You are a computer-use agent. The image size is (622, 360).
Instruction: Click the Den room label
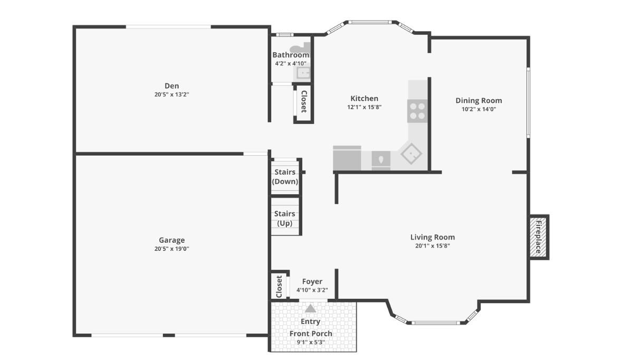click(171, 86)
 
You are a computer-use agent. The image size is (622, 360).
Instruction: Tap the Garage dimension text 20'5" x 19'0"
click(171, 249)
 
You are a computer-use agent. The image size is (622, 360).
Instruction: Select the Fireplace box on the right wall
click(539, 237)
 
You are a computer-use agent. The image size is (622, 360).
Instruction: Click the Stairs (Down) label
click(285, 177)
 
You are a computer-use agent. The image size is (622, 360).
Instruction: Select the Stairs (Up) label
click(285, 218)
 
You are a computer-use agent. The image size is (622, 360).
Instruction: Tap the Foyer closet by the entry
click(279, 286)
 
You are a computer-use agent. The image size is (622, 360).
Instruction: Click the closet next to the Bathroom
click(303, 102)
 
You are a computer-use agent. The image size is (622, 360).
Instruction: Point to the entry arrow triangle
click(310, 308)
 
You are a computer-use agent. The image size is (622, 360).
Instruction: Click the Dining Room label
click(479, 101)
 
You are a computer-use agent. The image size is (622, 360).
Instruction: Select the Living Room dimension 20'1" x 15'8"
click(433, 245)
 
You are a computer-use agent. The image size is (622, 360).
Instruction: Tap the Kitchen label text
click(364, 99)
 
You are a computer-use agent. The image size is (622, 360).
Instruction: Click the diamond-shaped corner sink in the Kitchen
click(411, 154)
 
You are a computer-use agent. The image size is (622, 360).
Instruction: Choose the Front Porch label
click(311, 334)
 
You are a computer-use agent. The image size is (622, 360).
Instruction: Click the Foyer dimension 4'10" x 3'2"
click(312, 290)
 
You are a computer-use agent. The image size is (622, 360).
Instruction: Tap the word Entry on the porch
click(310, 321)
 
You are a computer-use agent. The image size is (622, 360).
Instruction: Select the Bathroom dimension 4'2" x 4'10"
click(290, 63)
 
